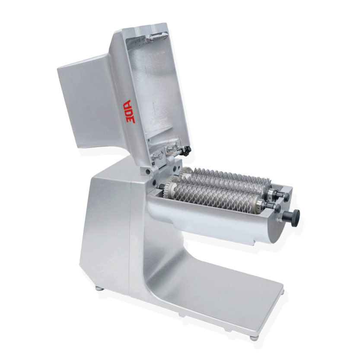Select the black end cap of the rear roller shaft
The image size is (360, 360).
click(286, 197)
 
